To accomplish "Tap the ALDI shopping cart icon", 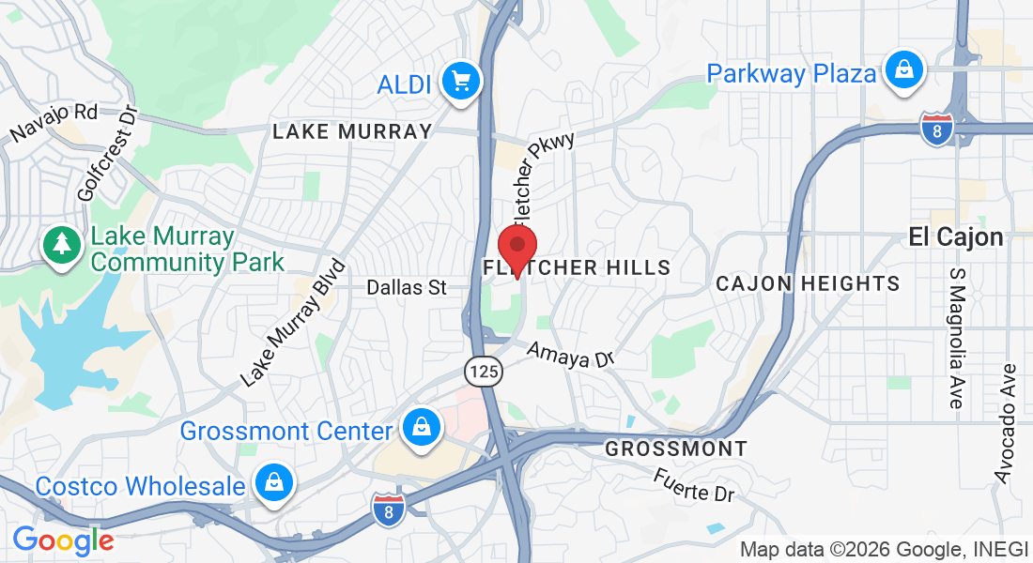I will pyautogui.click(x=460, y=82).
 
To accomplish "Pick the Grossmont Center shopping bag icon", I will pyautogui.click(x=423, y=428).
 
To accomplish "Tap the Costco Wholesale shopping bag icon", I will pyautogui.click(x=274, y=482).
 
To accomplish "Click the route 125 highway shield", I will pyautogui.click(x=485, y=372).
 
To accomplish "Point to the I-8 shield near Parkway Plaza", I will pyautogui.click(x=936, y=128).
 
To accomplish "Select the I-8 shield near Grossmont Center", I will pyautogui.click(x=389, y=509).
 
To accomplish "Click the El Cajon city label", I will pyautogui.click(x=956, y=237).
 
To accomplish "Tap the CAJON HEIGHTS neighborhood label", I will pyautogui.click(x=808, y=283).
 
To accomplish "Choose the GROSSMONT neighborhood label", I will pyautogui.click(x=676, y=449).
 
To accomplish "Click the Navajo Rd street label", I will pyautogui.click(x=54, y=124).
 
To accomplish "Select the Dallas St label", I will pyautogui.click(x=407, y=287).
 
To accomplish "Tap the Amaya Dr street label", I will pyautogui.click(x=570, y=355).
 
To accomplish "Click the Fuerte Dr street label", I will pyautogui.click(x=695, y=484).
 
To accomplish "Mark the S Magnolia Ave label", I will pyautogui.click(x=957, y=338).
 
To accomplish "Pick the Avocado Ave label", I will pyautogui.click(x=1007, y=423).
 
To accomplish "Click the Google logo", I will pyautogui.click(x=63, y=540).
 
